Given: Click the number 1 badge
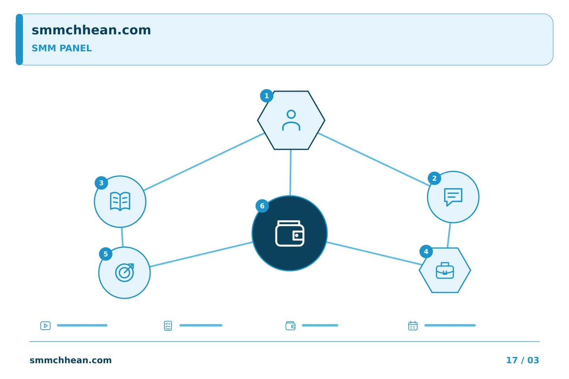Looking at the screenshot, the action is tap(266, 96).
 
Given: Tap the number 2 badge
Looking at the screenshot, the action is tap(434, 178).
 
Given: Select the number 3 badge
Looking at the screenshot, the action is tap(101, 183).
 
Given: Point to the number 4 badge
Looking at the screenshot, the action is tap(426, 251).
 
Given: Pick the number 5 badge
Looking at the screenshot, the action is tap(106, 254).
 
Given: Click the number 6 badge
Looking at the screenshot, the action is tap(262, 206).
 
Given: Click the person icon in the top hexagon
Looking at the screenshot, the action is tap(291, 120).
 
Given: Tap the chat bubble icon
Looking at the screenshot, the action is tap(453, 197).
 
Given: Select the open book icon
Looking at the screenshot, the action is tap(120, 202).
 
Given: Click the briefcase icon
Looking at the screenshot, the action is tap(445, 270).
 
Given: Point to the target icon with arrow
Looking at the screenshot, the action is tap(124, 273).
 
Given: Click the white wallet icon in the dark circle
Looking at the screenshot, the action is tap(290, 233).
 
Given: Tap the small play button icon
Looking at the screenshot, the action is tap(45, 326).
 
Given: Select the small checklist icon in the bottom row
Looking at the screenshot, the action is tap(168, 326).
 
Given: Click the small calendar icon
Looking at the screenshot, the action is tap(413, 326).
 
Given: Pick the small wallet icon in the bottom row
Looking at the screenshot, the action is tap(290, 326).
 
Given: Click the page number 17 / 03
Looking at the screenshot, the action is tap(522, 360).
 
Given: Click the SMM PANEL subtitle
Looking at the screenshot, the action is tap(62, 48).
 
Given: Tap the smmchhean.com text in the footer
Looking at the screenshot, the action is tap(71, 360).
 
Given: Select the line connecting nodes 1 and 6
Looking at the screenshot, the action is tap(290, 173).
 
